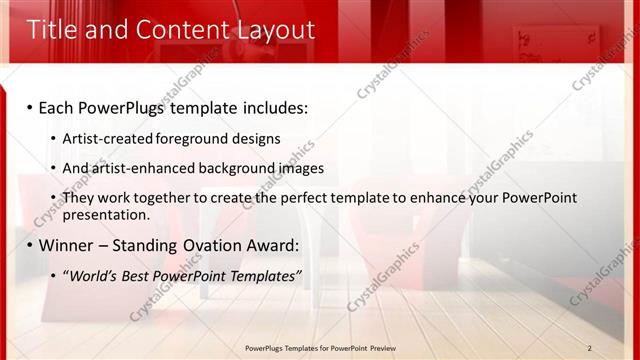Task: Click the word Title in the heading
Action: coord(51,29)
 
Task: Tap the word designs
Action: coord(257,138)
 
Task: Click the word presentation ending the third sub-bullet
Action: coord(105,214)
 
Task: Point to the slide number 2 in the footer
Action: coord(589,348)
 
